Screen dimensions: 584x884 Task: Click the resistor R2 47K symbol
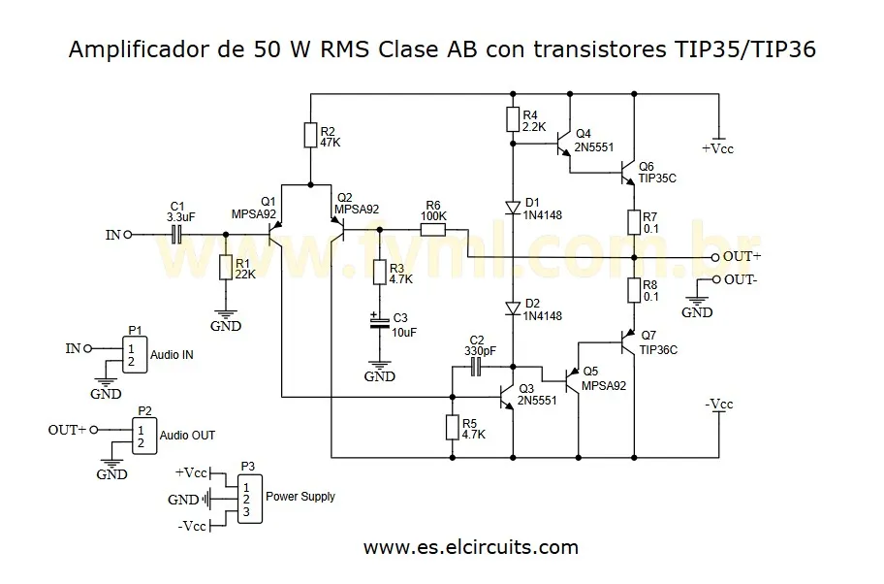point(310,135)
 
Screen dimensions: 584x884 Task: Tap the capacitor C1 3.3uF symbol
point(177,234)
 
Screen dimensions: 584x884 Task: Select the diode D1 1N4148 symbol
point(513,206)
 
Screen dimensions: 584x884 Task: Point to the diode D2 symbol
point(513,308)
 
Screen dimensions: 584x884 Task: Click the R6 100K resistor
point(432,230)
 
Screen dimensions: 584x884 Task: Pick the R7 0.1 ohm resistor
point(633,222)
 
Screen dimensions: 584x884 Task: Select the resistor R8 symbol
point(633,290)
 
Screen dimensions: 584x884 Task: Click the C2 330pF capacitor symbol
point(475,366)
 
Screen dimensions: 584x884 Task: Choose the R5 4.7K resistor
point(452,428)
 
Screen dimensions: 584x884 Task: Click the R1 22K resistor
point(225,268)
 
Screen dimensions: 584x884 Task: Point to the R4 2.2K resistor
point(513,119)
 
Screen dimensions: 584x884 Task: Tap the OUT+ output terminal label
point(743,257)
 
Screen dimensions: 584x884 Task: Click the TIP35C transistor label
point(657,179)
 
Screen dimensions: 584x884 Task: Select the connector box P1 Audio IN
point(135,355)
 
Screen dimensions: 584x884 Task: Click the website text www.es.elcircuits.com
point(471,547)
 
